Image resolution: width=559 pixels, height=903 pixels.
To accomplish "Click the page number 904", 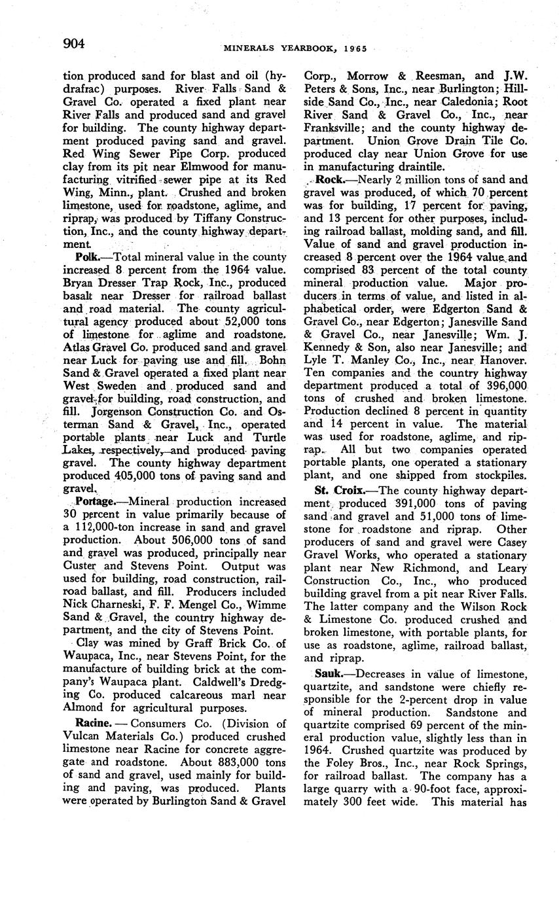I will pos(74,44).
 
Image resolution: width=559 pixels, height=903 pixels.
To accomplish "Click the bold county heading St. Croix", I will pos(336,489).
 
